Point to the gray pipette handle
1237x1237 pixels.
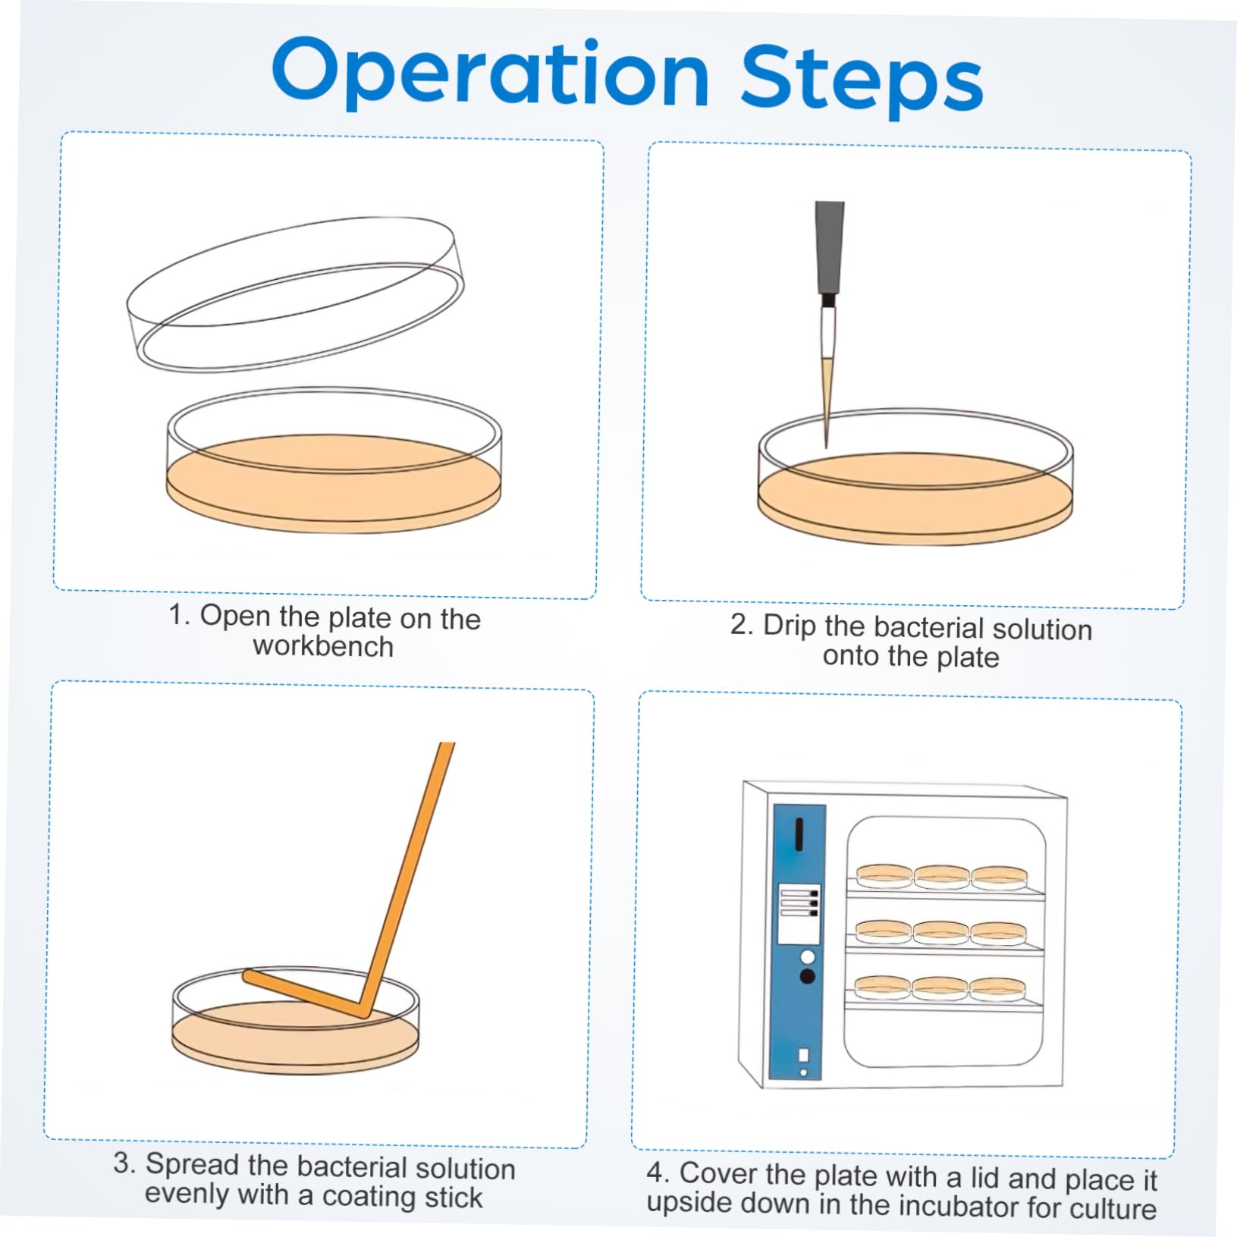[x=829, y=246]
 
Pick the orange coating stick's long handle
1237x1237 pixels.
[x=410, y=872]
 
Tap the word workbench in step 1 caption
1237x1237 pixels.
[x=323, y=647]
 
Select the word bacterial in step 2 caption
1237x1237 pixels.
[x=928, y=627]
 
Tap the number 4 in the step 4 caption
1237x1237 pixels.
[x=655, y=1172]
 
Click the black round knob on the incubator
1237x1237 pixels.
[x=807, y=976]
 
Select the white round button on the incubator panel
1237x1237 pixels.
[x=807, y=956]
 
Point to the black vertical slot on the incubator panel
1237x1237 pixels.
[x=799, y=834]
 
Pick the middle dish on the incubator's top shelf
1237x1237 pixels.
[x=941, y=876]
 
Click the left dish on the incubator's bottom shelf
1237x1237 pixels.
[x=882, y=987]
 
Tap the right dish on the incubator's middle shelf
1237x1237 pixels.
[x=998, y=932]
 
